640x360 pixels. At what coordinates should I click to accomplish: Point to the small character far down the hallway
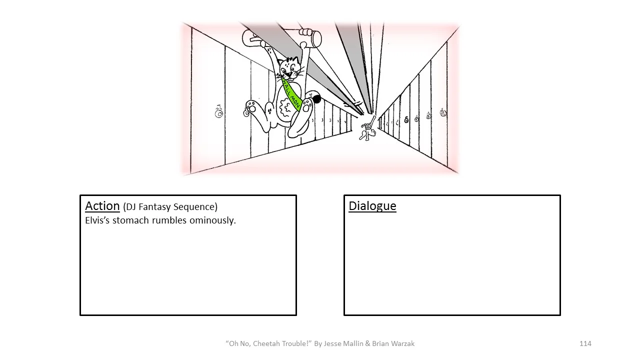368,129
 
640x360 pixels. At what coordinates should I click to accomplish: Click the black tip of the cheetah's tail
316,99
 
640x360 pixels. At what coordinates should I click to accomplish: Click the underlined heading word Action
102,206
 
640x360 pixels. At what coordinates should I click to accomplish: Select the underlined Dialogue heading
372,206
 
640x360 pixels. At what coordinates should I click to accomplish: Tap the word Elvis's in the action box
97,220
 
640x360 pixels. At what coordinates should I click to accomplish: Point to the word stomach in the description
130,220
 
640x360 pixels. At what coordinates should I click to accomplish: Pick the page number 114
585,343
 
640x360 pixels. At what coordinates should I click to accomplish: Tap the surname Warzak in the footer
401,343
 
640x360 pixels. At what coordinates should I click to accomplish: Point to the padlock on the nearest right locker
443,112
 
